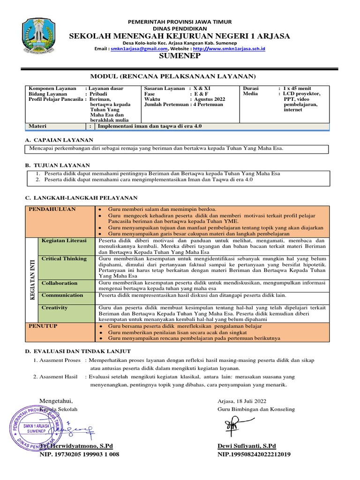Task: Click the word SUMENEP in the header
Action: (180, 56)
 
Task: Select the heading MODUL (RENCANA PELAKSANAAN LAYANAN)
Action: (180, 76)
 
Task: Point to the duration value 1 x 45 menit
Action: (300, 88)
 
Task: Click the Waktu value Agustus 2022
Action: (210, 99)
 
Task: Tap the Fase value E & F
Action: (202, 93)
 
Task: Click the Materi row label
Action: (38, 127)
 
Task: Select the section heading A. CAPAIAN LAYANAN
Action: (59, 140)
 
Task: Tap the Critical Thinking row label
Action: (64, 258)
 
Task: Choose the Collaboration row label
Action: (60, 283)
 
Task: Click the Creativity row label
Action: (54, 307)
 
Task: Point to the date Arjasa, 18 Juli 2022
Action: (242, 401)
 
